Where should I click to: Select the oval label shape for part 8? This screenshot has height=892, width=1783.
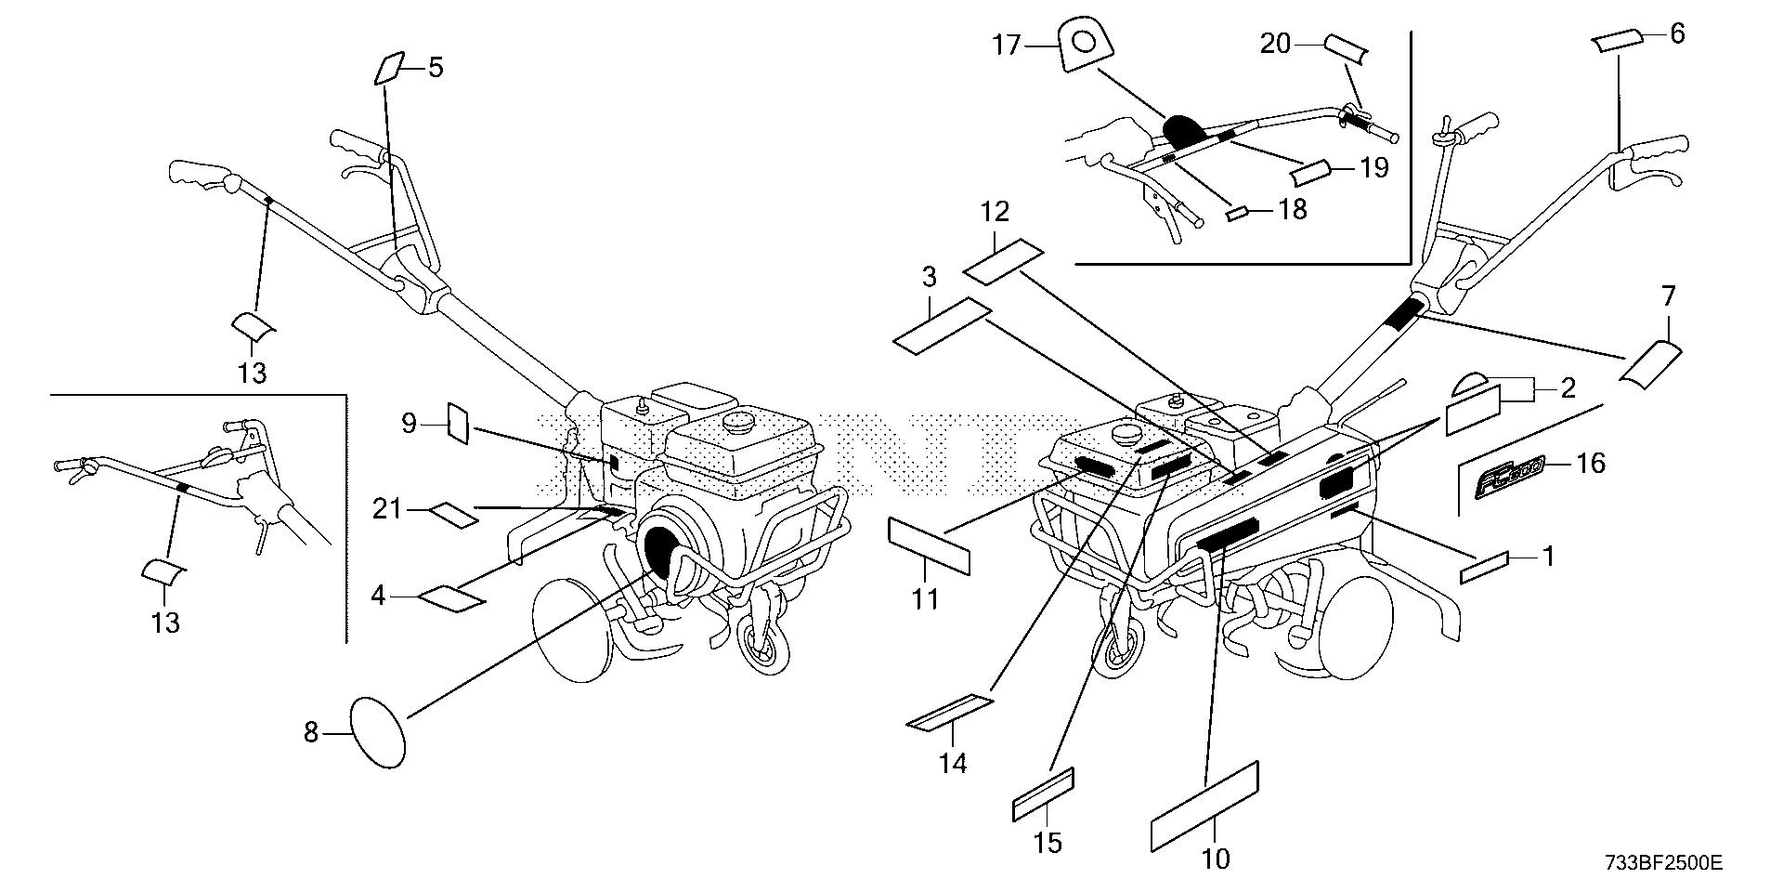click(x=378, y=733)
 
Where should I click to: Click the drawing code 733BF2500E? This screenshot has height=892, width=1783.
click(x=1663, y=864)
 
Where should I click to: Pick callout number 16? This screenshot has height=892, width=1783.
click(x=1591, y=463)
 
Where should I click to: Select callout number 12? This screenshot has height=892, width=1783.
click(x=994, y=212)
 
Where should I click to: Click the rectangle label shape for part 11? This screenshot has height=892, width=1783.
click(x=930, y=546)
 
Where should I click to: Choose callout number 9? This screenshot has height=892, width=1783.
click(x=410, y=424)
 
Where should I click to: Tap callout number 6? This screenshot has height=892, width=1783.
click(x=1676, y=33)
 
